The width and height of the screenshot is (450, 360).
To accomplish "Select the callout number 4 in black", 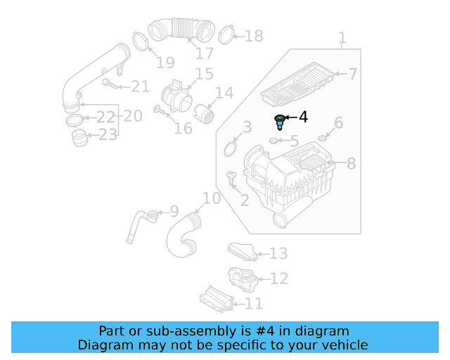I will (x=303, y=117).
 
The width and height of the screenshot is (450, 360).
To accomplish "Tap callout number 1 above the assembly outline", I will (x=342, y=37).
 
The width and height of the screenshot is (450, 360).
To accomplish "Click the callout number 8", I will (x=351, y=164).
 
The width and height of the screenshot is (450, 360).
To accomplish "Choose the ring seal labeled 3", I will (x=230, y=148).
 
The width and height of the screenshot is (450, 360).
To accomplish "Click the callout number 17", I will (x=204, y=53).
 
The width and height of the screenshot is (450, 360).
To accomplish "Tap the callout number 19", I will (x=165, y=63).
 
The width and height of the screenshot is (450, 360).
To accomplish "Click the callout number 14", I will (x=224, y=93).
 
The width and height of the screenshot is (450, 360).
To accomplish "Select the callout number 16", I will (x=183, y=128).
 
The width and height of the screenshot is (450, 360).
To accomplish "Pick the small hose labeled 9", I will (x=139, y=219).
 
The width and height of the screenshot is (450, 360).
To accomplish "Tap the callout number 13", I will (x=278, y=253).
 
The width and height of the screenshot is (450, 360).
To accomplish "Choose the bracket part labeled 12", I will (x=242, y=278).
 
